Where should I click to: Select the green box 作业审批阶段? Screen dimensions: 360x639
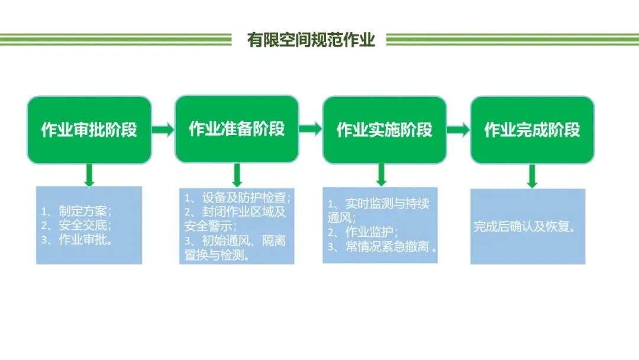(x=89, y=130)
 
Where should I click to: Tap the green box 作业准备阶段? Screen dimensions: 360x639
(x=237, y=128)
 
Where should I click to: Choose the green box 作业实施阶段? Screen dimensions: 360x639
(x=385, y=130)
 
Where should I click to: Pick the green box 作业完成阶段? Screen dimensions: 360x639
(x=532, y=130)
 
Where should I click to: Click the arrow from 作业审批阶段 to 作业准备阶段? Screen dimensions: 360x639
(x=163, y=130)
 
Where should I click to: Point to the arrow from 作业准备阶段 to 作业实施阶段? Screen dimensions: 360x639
(x=311, y=129)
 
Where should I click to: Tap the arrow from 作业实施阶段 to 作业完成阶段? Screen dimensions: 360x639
(x=458, y=130)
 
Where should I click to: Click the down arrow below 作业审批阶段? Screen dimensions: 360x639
(x=89, y=175)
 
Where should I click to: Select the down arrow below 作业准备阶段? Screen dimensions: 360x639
(x=237, y=175)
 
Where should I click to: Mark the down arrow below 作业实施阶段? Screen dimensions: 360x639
(x=382, y=175)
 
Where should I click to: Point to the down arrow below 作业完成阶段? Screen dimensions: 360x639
(x=532, y=176)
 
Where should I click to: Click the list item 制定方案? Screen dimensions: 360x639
(x=77, y=211)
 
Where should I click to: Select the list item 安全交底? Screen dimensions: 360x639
(x=77, y=226)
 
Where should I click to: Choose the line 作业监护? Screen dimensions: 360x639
(x=363, y=232)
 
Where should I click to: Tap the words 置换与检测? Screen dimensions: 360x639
(x=217, y=256)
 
